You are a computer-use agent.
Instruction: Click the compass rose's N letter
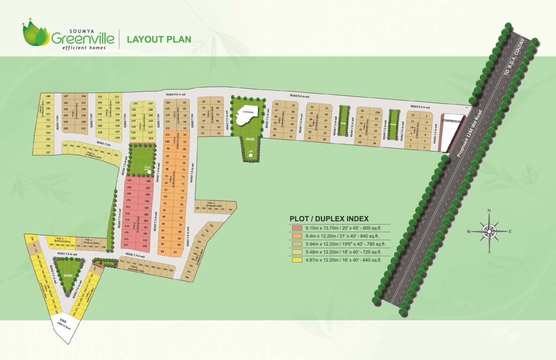click(489, 210)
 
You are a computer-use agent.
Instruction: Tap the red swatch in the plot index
click(297, 228)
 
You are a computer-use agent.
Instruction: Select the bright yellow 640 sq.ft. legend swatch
click(297, 260)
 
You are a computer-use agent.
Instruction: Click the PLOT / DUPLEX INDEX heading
click(329, 218)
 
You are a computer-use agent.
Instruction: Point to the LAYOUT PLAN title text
click(159, 38)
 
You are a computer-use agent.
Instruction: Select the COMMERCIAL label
click(452, 121)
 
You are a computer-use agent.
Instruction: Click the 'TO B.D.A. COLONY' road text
click(516, 66)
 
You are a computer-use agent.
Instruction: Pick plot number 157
click(48, 152)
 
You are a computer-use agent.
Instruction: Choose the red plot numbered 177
click(126, 245)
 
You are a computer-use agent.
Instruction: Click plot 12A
click(377, 112)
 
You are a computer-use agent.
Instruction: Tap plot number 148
click(48, 96)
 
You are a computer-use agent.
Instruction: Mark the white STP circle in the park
click(251, 152)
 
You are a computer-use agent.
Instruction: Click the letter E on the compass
click(510, 231)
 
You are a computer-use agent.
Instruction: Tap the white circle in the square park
click(149, 172)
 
